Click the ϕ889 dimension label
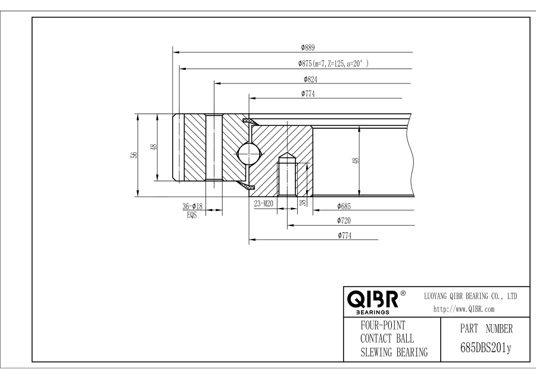coord(308,48)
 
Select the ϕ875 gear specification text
coord(334,63)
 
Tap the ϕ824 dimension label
coord(310,79)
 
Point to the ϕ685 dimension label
coord(344,206)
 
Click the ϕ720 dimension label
coord(344,220)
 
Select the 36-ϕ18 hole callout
coord(192,206)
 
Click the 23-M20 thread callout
coord(264,204)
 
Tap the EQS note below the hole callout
coord(192,216)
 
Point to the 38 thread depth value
coord(303,203)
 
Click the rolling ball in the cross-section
coord(248,154)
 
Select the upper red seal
coord(250,121)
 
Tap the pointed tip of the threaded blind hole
coord(288,153)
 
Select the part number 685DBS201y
coord(486,348)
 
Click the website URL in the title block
coord(464,309)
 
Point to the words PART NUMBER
coord(486,329)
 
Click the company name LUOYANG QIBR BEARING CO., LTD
coord(470,296)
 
